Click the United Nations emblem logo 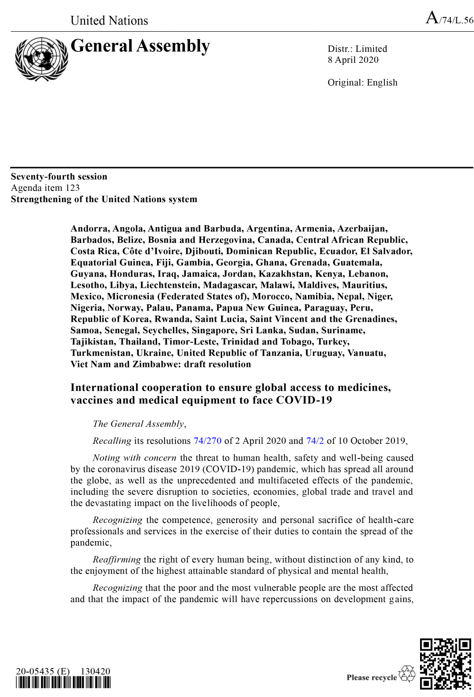[x=41, y=59]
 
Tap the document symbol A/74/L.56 [x=449, y=19]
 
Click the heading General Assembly [x=140, y=46]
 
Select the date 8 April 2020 [x=353, y=60]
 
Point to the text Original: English [x=362, y=83]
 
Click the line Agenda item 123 [x=45, y=188]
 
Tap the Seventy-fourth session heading [x=59, y=177]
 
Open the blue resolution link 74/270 [x=207, y=441]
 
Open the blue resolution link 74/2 [x=315, y=441]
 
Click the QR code [x=445, y=663]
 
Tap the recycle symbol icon [x=406, y=674]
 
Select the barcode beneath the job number [x=63, y=682]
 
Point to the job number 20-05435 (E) [x=43, y=671]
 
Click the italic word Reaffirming [x=116, y=559]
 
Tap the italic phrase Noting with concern [x=134, y=458]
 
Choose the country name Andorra [x=90, y=229]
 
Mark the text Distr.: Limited [x=357, y=49]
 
